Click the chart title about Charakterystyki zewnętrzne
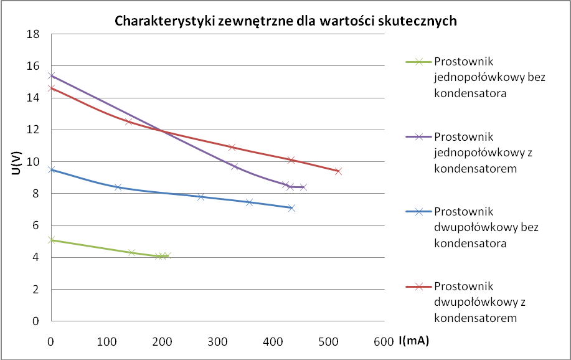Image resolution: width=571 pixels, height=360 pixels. tap(286, 21)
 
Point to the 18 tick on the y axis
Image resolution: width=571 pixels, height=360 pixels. tap(32, 34)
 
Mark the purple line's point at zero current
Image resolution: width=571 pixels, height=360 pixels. tap(51, 76)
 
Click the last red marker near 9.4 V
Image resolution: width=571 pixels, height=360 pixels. tap(338, 171)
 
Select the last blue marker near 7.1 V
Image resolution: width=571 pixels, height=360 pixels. tap(291, 208)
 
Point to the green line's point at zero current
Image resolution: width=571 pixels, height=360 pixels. tap(51, 240)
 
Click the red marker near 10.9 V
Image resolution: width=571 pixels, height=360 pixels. tap(232, 147)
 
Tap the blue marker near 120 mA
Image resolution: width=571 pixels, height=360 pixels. tap(118, 187)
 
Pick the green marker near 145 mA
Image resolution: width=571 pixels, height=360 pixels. tap(131, 252)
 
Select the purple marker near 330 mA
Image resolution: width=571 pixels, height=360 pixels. tap(235, 166)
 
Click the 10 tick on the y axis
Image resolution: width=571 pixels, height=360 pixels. tap(32, 162)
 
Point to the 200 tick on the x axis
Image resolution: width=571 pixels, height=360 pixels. tap(162, 341)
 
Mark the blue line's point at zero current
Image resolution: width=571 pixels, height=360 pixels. tap(51, 169)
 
